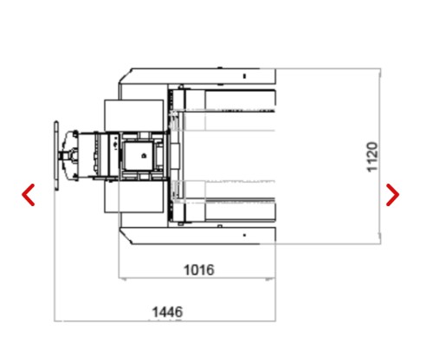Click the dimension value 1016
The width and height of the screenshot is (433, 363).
coord(199,270)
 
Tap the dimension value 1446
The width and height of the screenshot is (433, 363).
coord(167,312)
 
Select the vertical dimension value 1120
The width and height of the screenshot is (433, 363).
coord(372,157)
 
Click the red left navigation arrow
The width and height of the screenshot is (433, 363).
coord(29,195)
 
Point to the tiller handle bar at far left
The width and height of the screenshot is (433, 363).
coord(56,155)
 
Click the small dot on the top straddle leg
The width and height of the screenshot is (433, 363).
coord(244,76)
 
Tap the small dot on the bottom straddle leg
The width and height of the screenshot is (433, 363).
coord(244,235)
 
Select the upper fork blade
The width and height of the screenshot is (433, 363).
coord(229,100)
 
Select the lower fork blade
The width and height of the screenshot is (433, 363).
coord(229,210)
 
